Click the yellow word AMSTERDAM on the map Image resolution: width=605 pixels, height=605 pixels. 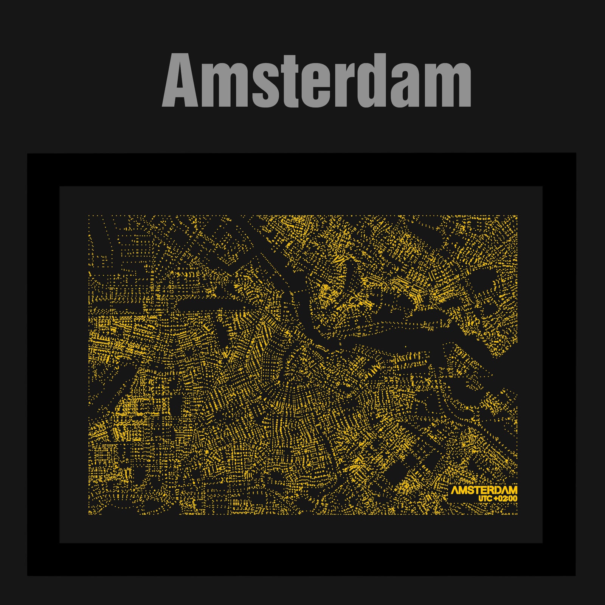click(x=484, y=491)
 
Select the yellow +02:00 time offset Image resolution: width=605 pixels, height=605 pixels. click(x=505, y=499)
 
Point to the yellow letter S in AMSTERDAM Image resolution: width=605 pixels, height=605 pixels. click(x=472, y=491)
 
